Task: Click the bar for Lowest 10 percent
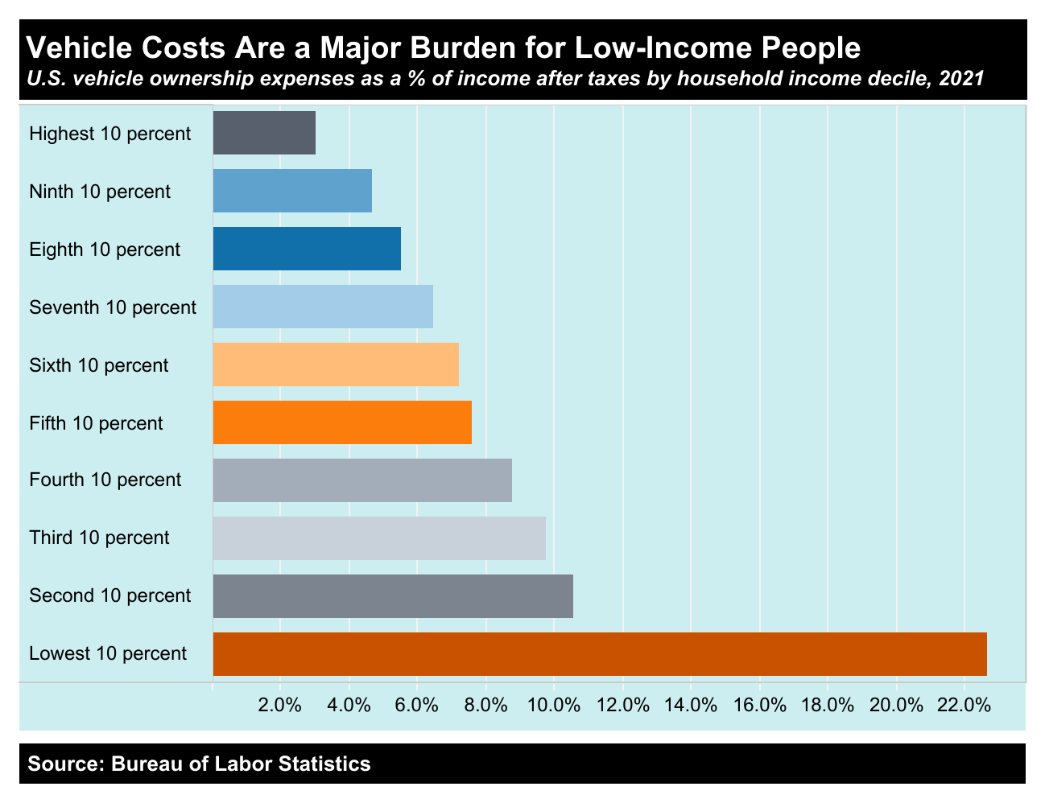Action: click(600, 653)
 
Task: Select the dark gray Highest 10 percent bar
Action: click(264, 133)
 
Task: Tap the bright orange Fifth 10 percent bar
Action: click(342, 422)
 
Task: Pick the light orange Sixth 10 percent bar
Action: click(336, 364)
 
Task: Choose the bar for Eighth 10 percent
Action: click(307, 249)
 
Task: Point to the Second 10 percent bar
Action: click(393, 595)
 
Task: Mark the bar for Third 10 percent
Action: click(379, 537)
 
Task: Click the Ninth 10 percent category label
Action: click(100, 191)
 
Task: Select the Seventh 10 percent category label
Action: click(113, 307)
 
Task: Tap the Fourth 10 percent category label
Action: click(105, 480)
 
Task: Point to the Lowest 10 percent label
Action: click(108, 653)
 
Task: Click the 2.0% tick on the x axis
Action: click(280, 706)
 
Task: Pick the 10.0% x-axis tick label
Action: click(555, 706)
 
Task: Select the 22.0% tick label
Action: click(965, 706)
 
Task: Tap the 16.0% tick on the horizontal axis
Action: click(760, 706)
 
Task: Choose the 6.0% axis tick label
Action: click(417, 706)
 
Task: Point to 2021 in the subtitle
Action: click(962, 79)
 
